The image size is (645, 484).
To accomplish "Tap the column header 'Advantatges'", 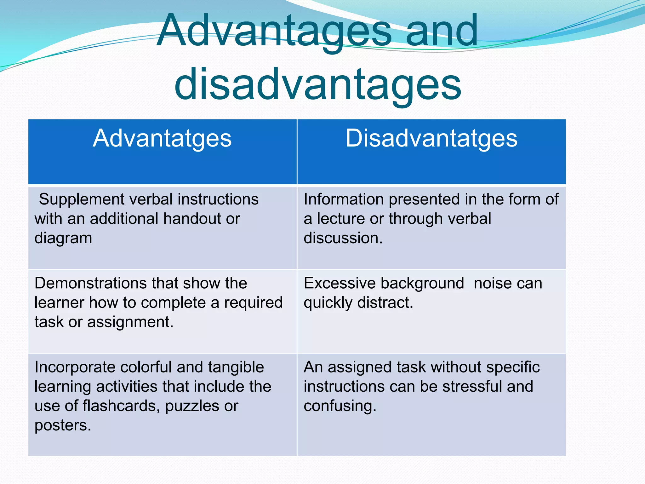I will [162, 139].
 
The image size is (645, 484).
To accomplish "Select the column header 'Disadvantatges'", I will [431, 139].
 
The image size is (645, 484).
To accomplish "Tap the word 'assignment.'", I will [130, 322].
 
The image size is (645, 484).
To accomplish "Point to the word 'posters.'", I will [63, 426].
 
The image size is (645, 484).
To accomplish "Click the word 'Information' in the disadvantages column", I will [344, 199].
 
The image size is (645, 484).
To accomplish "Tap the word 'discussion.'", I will [343, 238].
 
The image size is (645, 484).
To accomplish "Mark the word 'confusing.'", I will [340, 406].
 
